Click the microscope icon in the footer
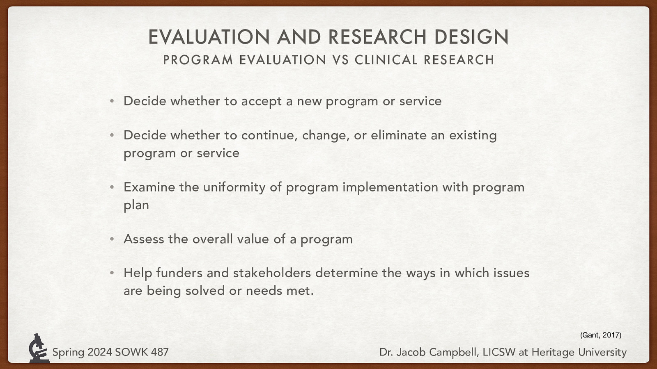tap(38, 348)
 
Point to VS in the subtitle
tap(340, 60)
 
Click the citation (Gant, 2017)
tap(600, 335)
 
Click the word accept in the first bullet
tap(262, 101)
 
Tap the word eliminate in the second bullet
tap(399, 135)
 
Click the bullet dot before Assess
tap(112, 239)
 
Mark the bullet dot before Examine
tap(112, 187)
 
